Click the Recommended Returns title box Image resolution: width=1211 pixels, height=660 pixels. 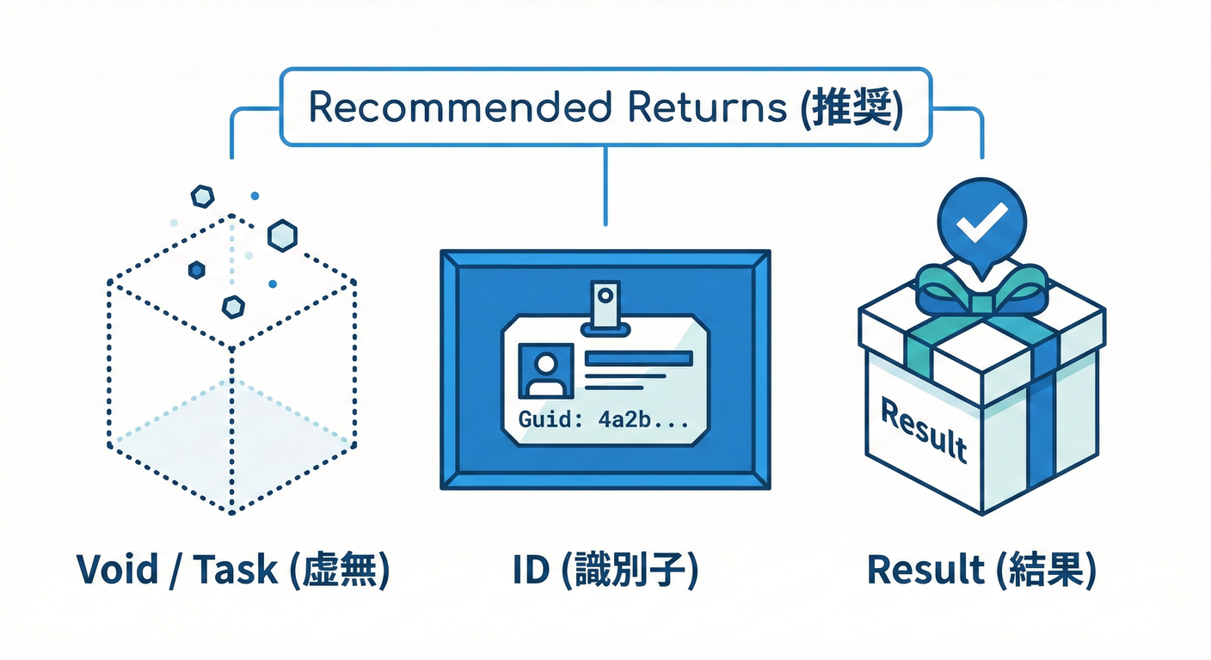pyautogui.click(x=605, y=107)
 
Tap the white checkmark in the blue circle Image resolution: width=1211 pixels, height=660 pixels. pyautogui.click(x=981, y=222)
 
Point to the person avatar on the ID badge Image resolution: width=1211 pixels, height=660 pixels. pyautogui.click(x=544, y=371)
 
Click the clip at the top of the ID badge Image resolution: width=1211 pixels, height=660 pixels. pyautogui.click(x=605, y=305)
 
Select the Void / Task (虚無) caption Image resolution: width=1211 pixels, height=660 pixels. pyautogui.click(x=232, y=570)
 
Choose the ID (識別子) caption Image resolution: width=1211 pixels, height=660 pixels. pyautogui.click(x=605, y=570)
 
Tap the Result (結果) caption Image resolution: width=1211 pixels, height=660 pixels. pyautogui.click(x=981, y=570)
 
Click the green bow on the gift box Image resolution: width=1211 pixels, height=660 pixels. pyautogui.click(x=981, y=288)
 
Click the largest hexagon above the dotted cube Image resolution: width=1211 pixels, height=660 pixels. pyautogui.click(x=282, y=235)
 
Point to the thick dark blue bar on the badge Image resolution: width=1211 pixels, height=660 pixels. pyautogui.click(x=638, y=358)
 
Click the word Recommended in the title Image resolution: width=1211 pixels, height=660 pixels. pyautogui.click(x=458, y=108)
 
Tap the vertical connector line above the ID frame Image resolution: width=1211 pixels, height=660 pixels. pyautogui.click(x=605, y=185)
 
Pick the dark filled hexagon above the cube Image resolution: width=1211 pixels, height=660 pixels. pyautogui.click(x=197, y=270)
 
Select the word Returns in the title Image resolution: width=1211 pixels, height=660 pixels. pyautogui.click(x=707, y=108)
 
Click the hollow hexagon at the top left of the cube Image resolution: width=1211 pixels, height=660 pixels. pyautogui.click(x=202, y=197)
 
